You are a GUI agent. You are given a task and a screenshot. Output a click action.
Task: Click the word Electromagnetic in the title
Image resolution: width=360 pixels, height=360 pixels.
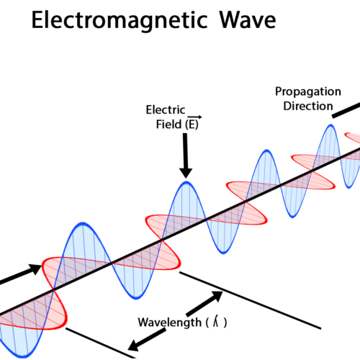click(120, 21)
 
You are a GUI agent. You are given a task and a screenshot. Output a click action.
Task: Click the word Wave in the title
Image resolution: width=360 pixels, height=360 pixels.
click(248, 20)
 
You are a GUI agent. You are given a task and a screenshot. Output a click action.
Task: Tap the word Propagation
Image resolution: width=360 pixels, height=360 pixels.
click(308, 92)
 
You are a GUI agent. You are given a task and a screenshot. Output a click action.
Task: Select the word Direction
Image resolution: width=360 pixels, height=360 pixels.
click(308, 106)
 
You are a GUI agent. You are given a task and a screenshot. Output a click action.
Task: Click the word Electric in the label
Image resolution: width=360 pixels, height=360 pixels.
click(166, 110)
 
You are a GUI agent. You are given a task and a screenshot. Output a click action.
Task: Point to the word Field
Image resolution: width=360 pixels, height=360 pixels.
click(168, 125)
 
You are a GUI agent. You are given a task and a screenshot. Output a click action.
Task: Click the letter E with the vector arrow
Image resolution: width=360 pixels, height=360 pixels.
click(192, 124)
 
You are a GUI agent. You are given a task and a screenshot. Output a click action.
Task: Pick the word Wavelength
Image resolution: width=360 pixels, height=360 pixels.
click(169, 323)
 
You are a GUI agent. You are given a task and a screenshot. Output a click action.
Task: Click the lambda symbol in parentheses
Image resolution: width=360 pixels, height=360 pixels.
click(216, 322)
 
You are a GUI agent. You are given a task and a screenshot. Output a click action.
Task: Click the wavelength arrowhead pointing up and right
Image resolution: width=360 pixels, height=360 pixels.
click(217, 296)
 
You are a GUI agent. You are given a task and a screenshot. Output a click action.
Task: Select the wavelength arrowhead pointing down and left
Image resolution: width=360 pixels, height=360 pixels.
click(133, 346)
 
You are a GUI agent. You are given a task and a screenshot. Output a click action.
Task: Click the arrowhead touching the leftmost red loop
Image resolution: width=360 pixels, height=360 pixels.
click(35, 269)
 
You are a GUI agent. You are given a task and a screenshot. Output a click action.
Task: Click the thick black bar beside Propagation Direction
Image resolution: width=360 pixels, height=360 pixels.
click(346, 110)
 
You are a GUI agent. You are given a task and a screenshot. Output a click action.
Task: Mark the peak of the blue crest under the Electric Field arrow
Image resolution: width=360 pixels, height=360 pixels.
click(186, 182)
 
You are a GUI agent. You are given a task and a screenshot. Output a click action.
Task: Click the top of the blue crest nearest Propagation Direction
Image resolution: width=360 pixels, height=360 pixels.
click(330, 125)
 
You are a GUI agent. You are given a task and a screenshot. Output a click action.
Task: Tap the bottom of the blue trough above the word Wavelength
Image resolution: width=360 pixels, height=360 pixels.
click(136, 298)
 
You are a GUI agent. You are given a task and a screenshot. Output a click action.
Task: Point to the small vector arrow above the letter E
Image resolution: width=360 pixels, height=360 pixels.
click(194, 117)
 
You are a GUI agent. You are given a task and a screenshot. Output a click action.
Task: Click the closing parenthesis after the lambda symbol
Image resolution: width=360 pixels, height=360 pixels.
click(225, 323)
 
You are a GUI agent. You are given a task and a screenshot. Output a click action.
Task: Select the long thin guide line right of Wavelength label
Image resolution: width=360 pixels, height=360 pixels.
click(250, 300)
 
